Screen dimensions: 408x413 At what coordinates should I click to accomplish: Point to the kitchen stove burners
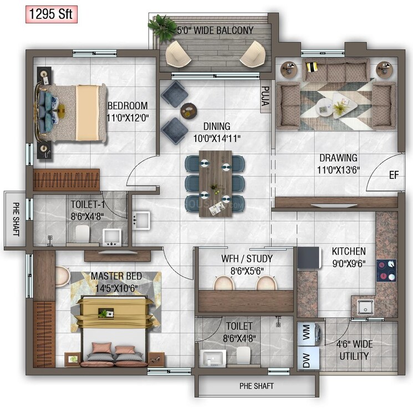coord(386,270)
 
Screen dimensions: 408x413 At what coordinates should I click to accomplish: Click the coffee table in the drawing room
coord(335,105)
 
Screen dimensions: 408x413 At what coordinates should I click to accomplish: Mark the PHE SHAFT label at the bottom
coord(256,386)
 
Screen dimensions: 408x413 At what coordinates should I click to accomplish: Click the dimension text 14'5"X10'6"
coord(115,287)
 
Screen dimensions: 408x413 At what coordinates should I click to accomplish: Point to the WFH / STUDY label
coord(247,258)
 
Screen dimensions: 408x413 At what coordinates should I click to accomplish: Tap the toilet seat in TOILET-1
coord(82,233)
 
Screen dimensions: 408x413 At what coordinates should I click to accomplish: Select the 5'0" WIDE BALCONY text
coord(215,30)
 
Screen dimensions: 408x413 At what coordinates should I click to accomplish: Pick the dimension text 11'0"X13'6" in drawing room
coord(338,169)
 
